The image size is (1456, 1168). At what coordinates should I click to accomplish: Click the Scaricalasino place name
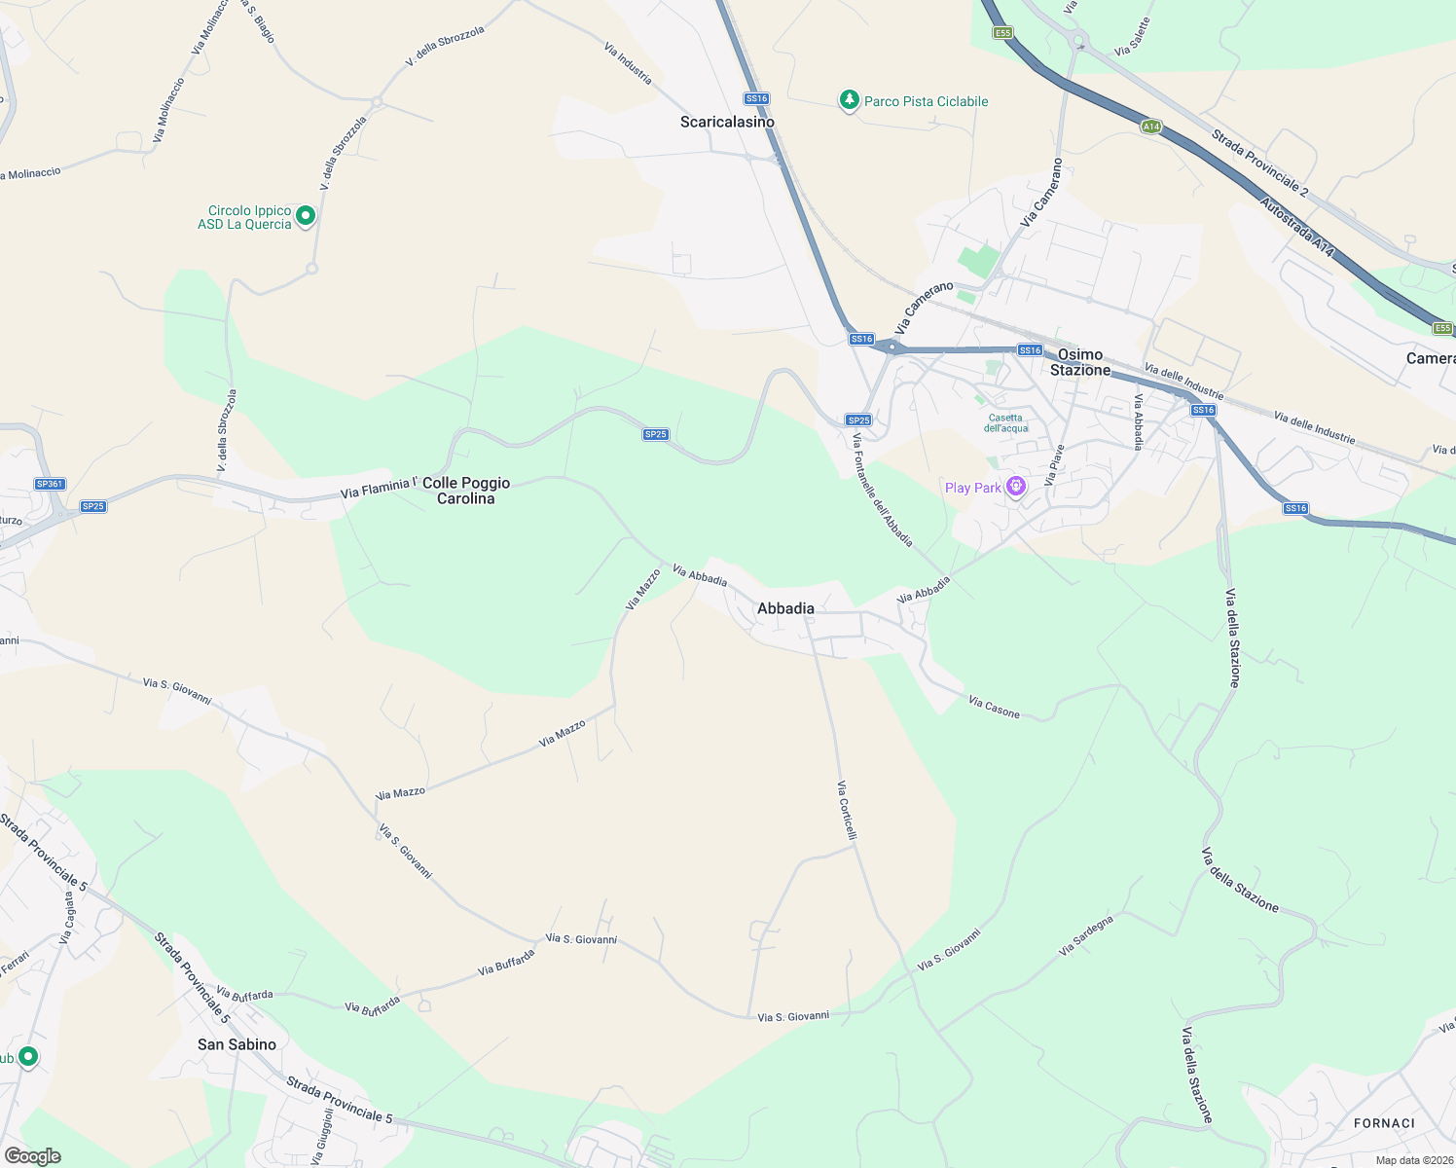pos(727,122)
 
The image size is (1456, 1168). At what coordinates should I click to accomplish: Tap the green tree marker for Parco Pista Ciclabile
pos(850,100)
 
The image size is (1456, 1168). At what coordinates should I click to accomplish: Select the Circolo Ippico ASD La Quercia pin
pos(306,215)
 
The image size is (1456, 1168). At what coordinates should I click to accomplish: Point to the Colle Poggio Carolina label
pos(466,491)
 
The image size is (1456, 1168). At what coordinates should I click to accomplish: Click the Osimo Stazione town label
pos(1080,362)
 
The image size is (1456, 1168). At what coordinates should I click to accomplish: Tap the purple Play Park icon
pos(1016,487)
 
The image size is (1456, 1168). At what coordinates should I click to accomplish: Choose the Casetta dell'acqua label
pos(1005,423)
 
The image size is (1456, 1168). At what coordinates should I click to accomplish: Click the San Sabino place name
pos(237,1044)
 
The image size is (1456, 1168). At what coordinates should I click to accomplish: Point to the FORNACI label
pos(1384,1123)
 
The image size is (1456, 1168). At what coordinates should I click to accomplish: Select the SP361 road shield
pos(50,484)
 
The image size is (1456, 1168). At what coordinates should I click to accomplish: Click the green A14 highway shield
pos(1151,127)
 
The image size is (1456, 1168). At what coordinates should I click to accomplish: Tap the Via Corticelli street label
pos(848,810)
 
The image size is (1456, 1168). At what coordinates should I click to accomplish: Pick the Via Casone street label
pos(995,708)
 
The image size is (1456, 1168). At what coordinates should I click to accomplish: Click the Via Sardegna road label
pos(1085,935)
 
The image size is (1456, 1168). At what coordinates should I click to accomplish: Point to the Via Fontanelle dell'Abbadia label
pos(883,490)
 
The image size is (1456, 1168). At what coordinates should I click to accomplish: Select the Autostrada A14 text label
pos(1296,228)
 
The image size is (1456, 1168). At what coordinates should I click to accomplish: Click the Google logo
pos(32,1156)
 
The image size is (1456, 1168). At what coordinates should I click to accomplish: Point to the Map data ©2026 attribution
pos(1414,1160)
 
